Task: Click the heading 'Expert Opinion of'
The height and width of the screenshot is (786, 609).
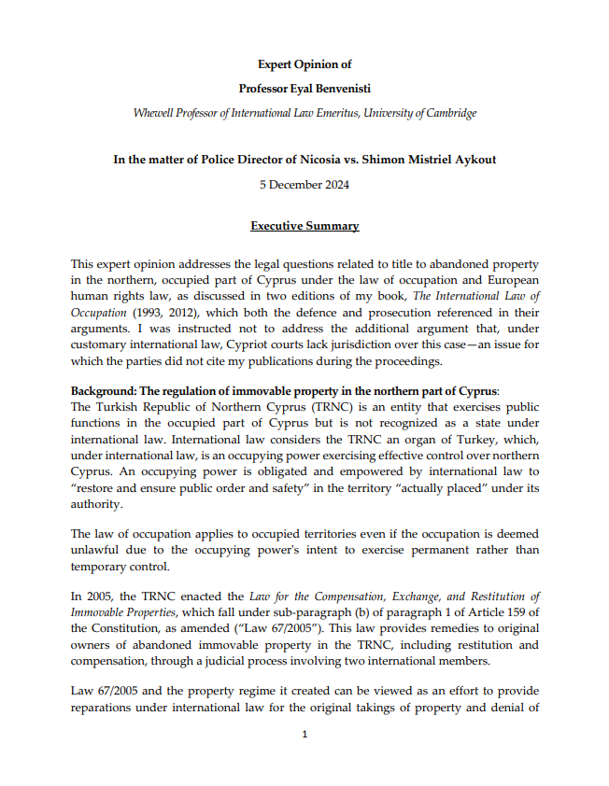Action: click(x=304, y=64)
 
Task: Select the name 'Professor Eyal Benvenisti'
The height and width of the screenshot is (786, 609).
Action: click(x=304, y=89)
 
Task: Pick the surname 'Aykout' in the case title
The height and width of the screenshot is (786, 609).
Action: click(x=473, y=160)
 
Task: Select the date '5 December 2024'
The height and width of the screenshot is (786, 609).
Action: click(x=304, y=184)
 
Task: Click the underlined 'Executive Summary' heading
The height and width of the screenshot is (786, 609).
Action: click(x=304, y=227)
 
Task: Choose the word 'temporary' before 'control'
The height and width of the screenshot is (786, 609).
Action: click(x=100, y=566)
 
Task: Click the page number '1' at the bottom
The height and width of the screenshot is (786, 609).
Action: click(x=304, y=735)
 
